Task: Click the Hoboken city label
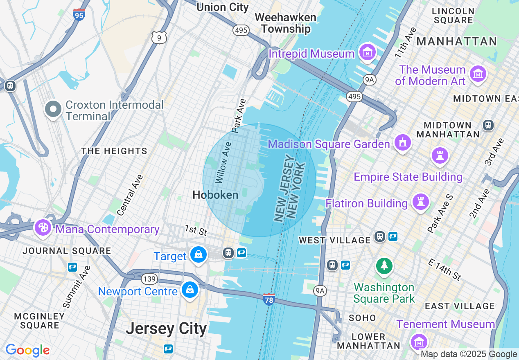pos(215,195)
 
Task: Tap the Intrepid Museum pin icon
pos(368,52)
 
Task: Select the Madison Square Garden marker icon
pos(403,143)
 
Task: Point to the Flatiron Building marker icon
pos(420,202)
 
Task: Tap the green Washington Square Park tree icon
pos(384,266)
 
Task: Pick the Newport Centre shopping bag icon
pos(190,290)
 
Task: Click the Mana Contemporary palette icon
pos(43,227)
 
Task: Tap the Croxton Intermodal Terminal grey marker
pos(53,110)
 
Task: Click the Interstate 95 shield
pos(79,15)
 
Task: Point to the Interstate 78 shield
pos(269,299)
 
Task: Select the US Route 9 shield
pos(159,37)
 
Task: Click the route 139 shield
pos(149,279)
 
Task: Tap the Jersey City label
pos(166,328)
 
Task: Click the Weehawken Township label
pos(286,23)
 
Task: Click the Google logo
pos(27,350)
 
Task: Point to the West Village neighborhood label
pos(334,240)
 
